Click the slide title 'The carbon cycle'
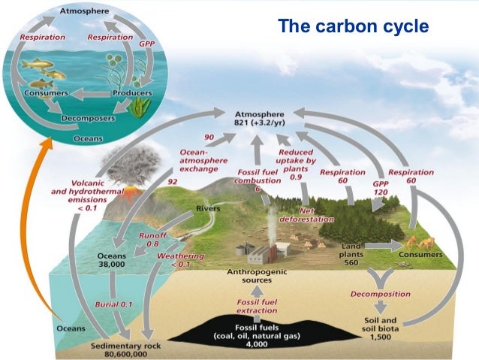(353, 27)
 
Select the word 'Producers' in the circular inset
(132, 93)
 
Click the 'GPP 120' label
(382, 186)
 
